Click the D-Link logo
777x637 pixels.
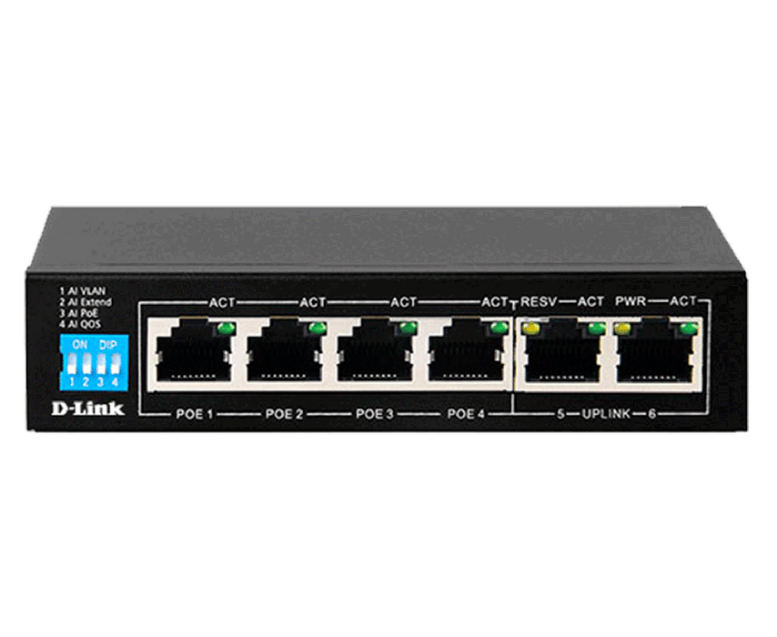click(x=87, y=409)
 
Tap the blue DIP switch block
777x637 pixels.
click(x=94, y=362)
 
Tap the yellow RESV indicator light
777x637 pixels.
click(x=532, y=328)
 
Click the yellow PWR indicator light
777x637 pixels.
click(x=623, y=328)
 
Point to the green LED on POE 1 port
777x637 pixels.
click(x=226, y=328)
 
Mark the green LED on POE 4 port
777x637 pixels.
click(x=499, y=328)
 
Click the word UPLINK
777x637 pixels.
click(x=606, y=413)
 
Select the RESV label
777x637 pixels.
click(x=539, y=301)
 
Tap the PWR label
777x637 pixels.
click(x=631, y=301)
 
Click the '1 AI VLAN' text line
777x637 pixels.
click(x=83, y=291)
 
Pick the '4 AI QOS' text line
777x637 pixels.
click(x=80, y=324)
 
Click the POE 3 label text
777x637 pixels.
click(x=375, y=413)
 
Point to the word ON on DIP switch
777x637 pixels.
click(x=79, y=344)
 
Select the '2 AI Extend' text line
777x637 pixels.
click(x=86, y=302)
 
